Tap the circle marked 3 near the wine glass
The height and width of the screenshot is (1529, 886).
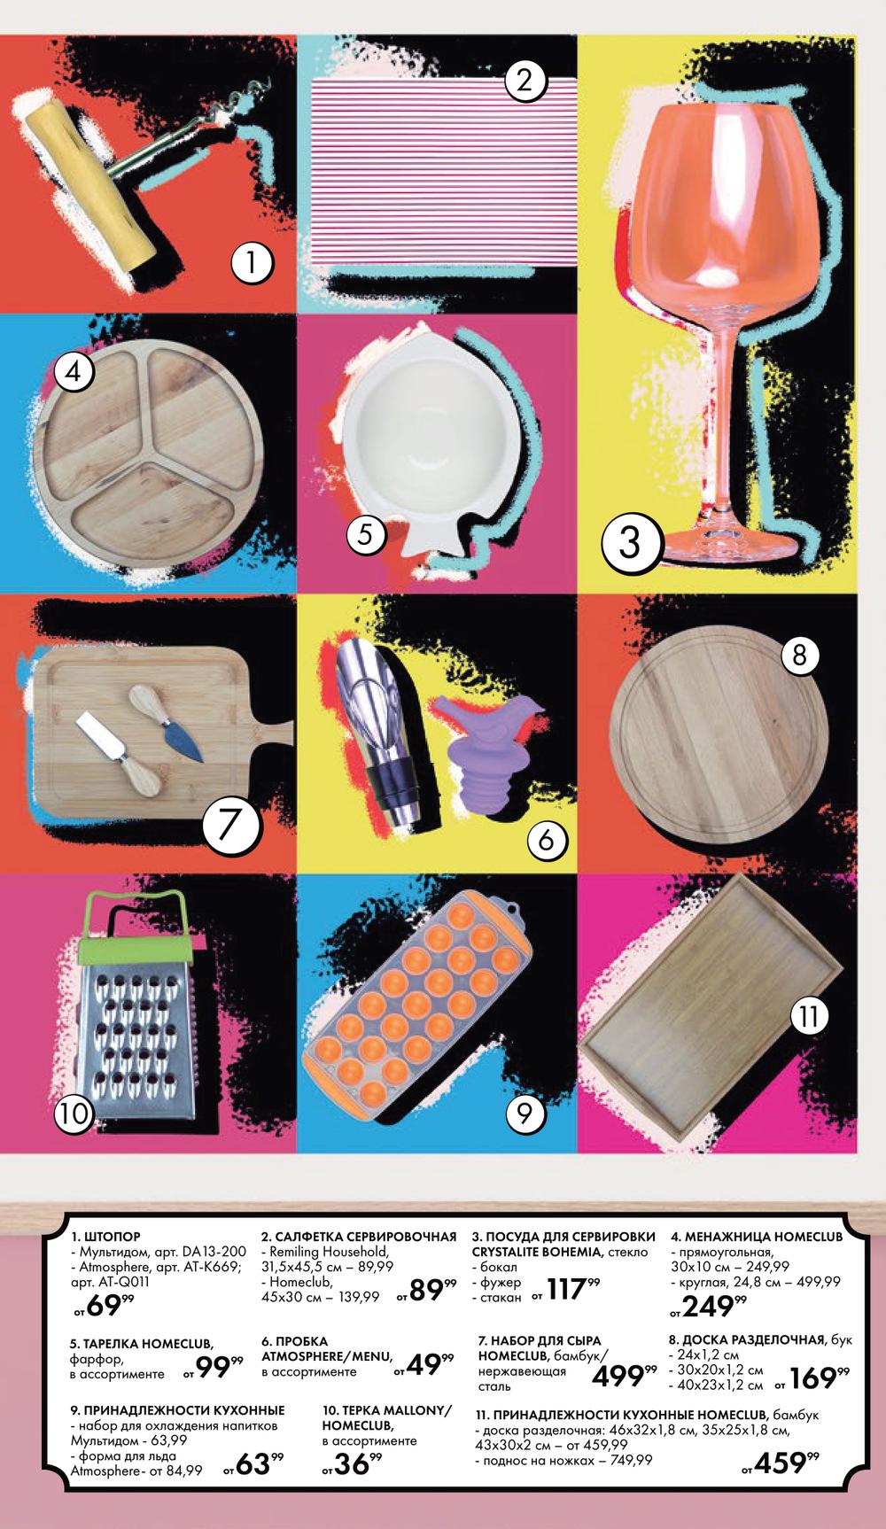point(630,542)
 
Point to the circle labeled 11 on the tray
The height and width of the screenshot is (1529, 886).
point(809,1016)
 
